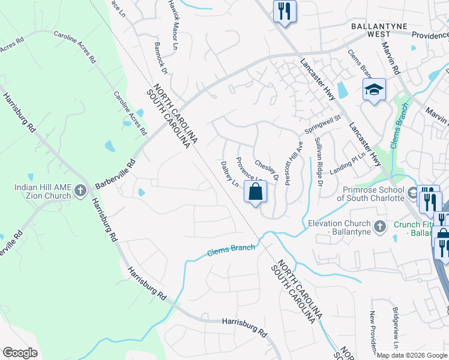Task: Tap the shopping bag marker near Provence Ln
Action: (x=256, y=193)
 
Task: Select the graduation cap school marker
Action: (x=373, y=90)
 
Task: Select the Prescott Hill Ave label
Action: (x=292, y=163)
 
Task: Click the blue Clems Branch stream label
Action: (x=231, y=250)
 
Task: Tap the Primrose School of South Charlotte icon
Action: (x=412, y=193)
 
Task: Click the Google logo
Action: (x=20, y=353)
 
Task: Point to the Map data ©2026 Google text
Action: (x=412, y=355)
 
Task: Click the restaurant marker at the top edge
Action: (x=284, y=11)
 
